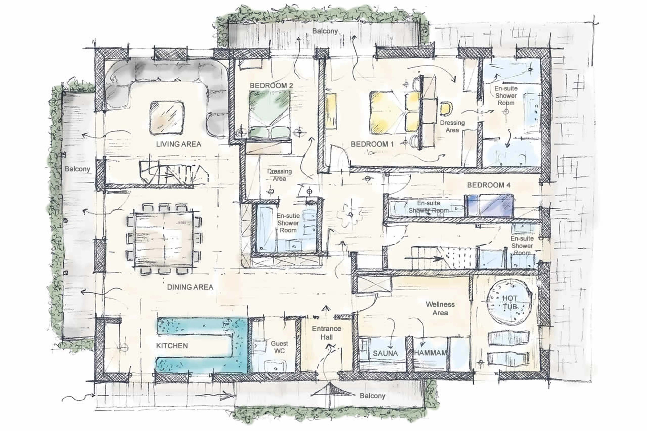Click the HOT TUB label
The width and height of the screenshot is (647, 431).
(x=510, y=302)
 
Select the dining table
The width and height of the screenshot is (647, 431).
(x=163, y=239)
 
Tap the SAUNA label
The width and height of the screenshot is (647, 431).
(x=385, y=353)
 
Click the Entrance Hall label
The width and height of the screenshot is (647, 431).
(x=326, y=333)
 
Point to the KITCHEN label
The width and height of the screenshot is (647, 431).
(x=172, y=345)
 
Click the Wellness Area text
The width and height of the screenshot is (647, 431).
(x=440, y=308)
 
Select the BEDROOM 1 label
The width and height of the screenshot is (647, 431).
(x=372, y=144)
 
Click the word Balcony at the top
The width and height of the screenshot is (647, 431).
(x=325, y=31)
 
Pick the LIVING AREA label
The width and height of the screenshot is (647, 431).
(x=178, y=144)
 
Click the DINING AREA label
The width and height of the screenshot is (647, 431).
(x=190, y=287)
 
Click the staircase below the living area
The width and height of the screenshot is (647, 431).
(x=173, y=173)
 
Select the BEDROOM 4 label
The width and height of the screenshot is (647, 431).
(x=488, y=185)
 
